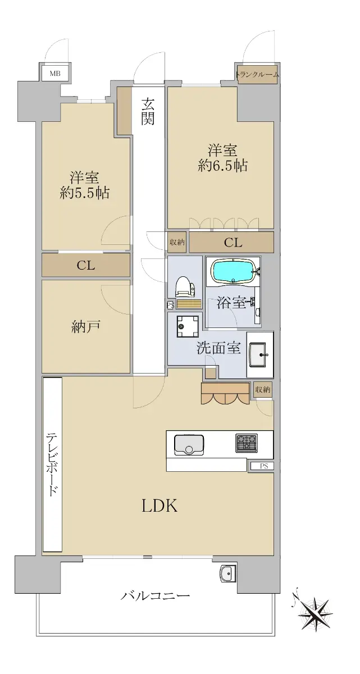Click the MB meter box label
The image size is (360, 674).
click(55, 73)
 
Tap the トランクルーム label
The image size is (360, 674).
click(257, 74)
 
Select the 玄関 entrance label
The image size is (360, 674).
click(148, 111)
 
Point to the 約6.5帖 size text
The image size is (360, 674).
click(222, 166)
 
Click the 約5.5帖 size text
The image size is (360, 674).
click(84, 193)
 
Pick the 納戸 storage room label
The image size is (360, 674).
click(86, 327)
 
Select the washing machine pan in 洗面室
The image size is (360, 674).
click(188, 326)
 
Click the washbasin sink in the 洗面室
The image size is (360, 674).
click(259, 354)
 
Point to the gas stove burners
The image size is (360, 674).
click(247, 443)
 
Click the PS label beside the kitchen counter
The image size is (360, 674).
click(264, 466)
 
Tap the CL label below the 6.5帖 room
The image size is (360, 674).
click(233, 243)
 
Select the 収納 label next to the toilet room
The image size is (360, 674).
click(177, 242)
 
